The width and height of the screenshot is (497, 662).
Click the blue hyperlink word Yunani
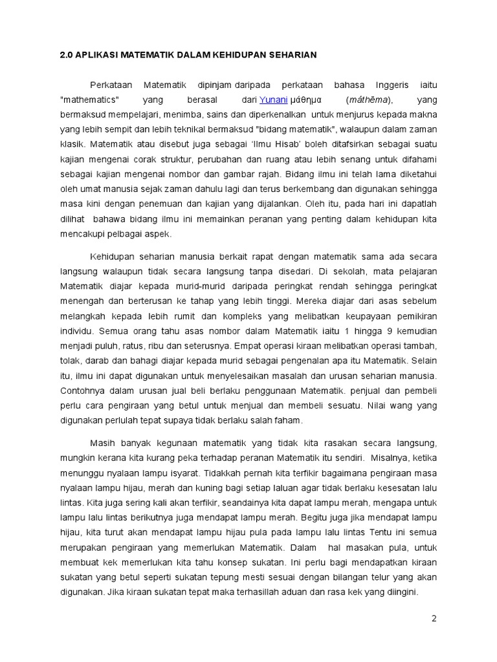(273, 100)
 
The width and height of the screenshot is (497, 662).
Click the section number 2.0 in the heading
(67, 55)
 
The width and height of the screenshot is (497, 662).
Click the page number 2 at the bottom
(434, 618)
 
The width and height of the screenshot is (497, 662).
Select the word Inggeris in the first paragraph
(390, 85)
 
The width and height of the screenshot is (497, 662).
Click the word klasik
(73, 145)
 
